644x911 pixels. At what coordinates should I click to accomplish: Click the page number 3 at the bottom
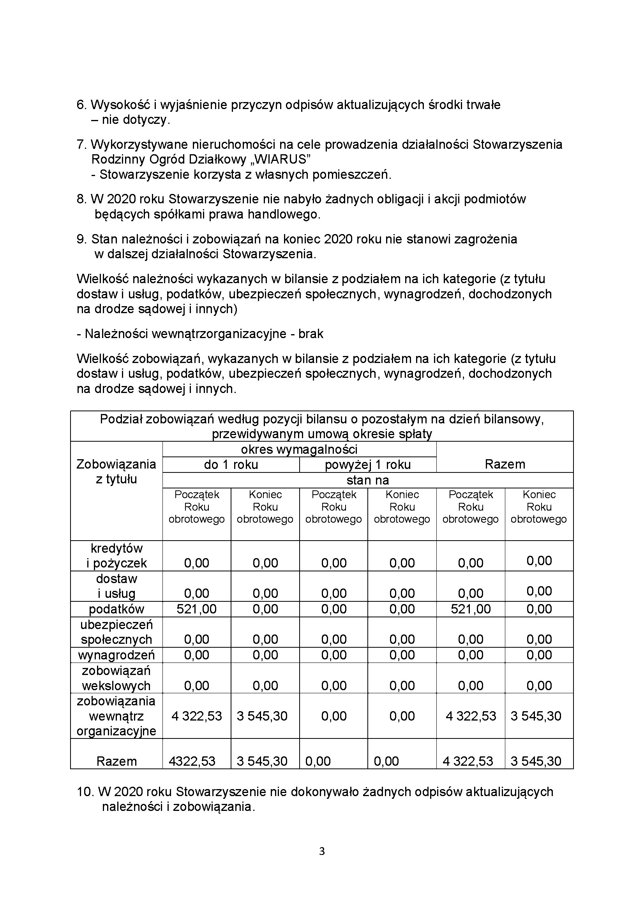[322, 851]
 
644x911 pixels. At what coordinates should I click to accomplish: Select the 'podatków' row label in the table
[116, 609]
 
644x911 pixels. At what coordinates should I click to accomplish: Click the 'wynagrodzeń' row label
[116, 655]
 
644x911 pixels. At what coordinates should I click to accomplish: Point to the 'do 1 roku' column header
[231, 465]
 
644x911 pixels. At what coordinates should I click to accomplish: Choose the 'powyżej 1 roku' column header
[367, 465]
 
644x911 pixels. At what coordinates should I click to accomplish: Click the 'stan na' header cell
[367, 480]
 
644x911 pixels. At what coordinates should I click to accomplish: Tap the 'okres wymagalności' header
[299, 449]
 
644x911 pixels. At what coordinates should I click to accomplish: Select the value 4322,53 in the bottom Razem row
[192, 761]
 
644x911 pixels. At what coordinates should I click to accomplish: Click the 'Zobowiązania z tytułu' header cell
[116, 472]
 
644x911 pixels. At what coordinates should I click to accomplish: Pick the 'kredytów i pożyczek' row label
[116, 555]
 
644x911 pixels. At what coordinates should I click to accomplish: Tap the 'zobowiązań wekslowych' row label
[116, 678]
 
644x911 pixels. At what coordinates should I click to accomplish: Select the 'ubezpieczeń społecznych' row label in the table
[116, 632]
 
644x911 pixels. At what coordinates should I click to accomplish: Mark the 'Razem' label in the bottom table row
[116, 761]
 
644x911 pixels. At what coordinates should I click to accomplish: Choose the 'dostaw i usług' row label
[116, 586]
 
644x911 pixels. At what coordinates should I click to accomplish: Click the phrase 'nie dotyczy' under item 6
[135, 120]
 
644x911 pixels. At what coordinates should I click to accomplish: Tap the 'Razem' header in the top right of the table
[505, 464]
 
